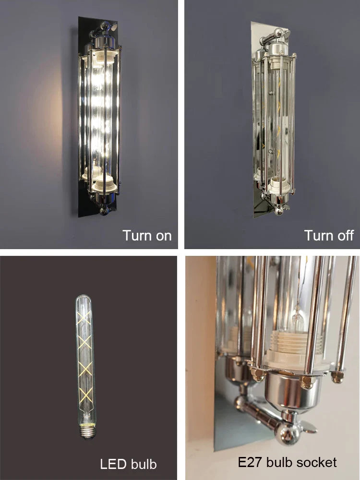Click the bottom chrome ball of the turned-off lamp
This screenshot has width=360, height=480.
[278, 211]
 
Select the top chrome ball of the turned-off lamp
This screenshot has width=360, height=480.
[278, 32]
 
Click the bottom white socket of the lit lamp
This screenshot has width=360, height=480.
[104, 183]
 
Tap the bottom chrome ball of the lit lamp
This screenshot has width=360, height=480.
[104, 211]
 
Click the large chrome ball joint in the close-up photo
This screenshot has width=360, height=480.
[287, 432]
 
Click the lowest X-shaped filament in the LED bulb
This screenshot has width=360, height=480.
[86, 395]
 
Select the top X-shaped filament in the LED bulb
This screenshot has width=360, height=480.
[84, 318]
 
